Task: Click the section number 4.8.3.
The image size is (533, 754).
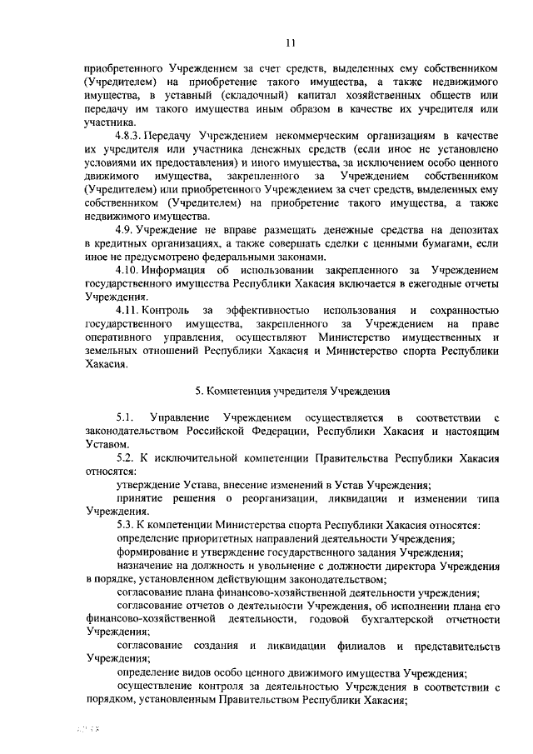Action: [x=127, y=133]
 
